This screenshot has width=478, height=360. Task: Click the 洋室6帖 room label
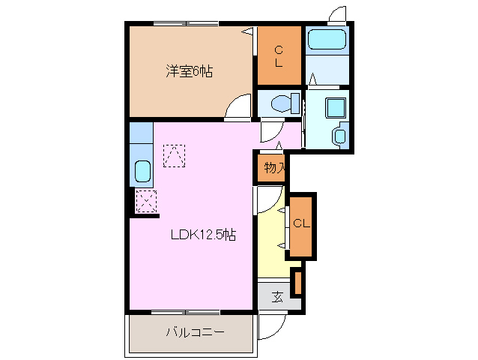click(189, 72)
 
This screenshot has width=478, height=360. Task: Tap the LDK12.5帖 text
click(202, 235)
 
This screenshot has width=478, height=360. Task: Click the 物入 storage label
click(274, 168)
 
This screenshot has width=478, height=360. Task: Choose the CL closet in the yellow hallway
click(301, 224)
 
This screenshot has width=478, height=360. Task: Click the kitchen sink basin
click(142, 172)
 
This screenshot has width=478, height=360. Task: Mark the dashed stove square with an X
click(145, 200)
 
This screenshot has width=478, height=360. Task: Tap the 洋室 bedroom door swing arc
click(239, 107)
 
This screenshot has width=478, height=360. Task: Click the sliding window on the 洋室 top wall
click(187, 24)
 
